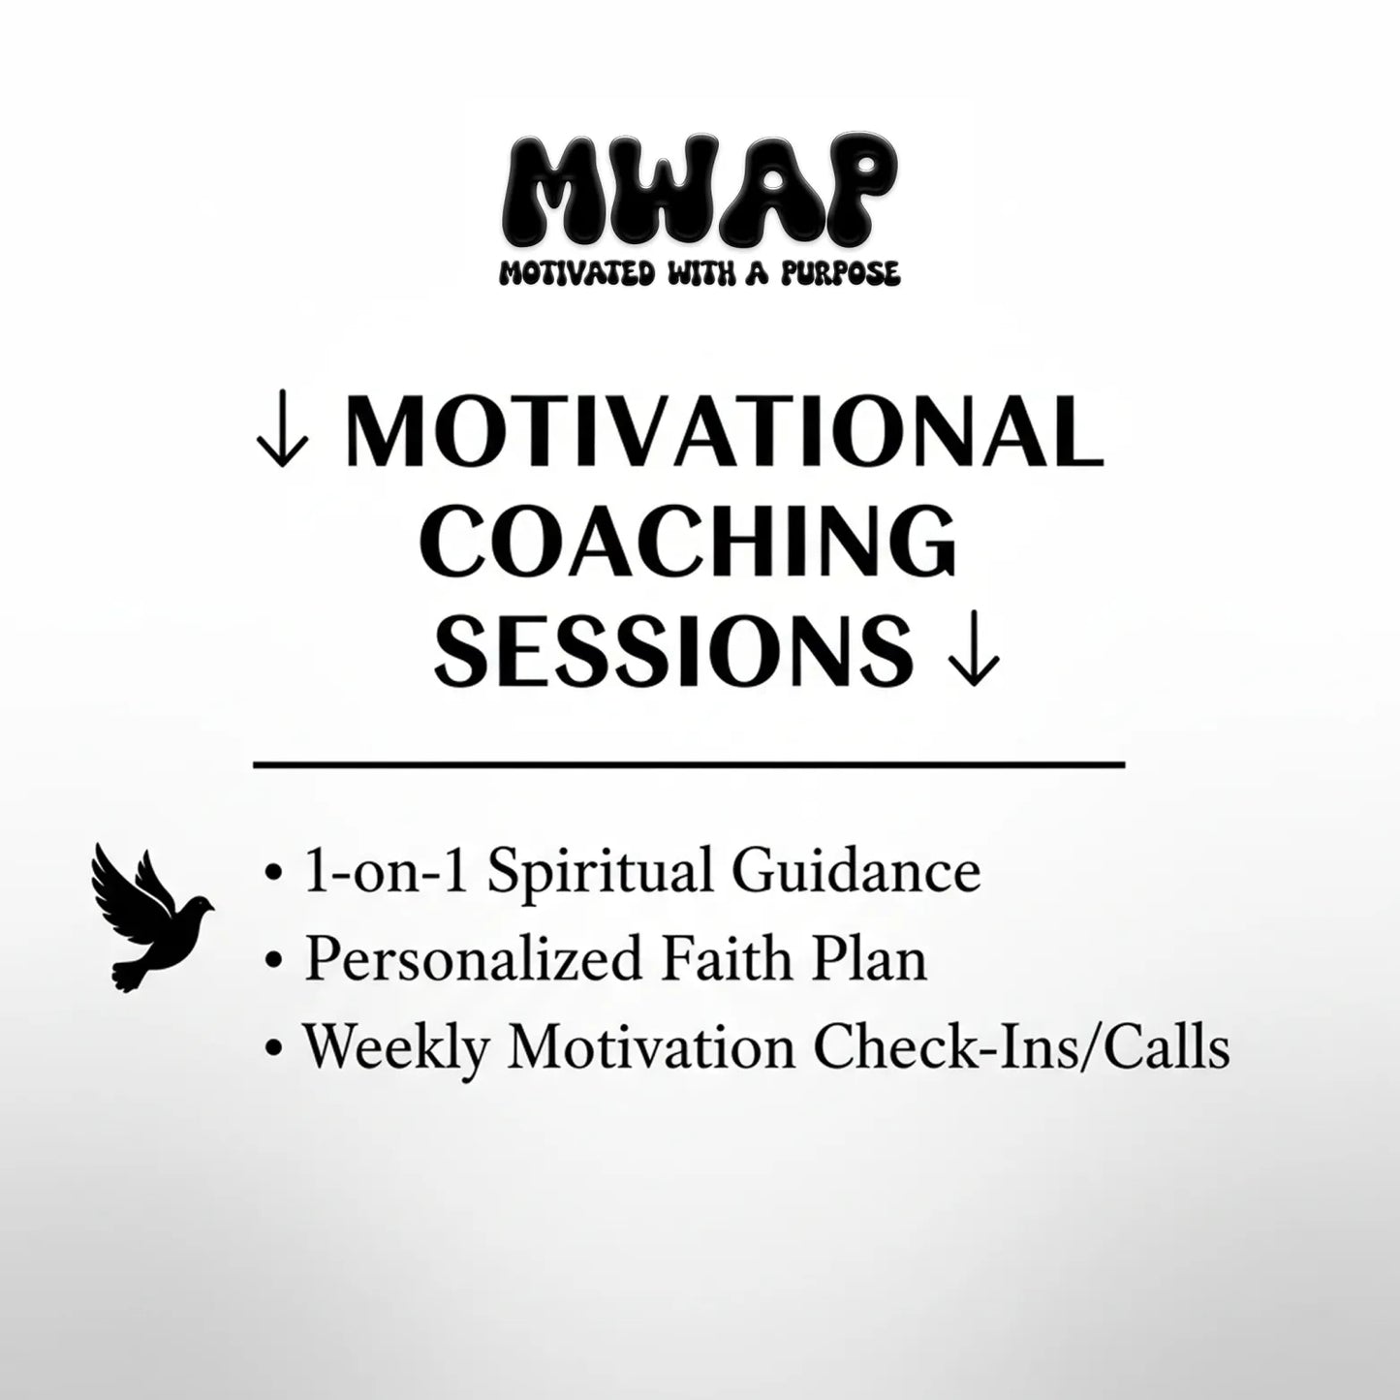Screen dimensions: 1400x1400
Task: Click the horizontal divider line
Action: pyautogui.click(x=688, y=765)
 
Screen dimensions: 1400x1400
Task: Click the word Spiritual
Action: pyautogui.click(x=601, y=872)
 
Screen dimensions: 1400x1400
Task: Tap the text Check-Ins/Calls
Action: pyautogui.click(x=1021, y=1047)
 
